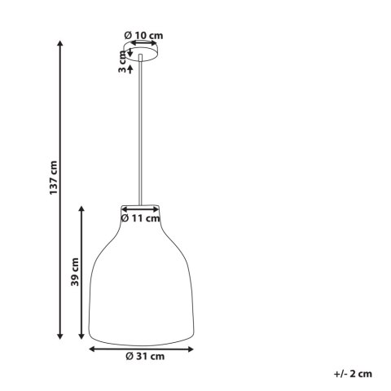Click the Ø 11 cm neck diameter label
pos(142,218)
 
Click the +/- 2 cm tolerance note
pos(352,373)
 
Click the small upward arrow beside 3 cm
pos(130,68)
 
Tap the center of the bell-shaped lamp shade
pos(142,277)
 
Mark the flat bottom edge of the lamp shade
pos(142,340)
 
